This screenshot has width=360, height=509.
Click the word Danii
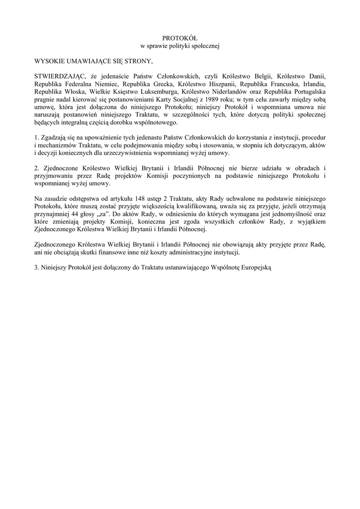click(316, 77)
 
